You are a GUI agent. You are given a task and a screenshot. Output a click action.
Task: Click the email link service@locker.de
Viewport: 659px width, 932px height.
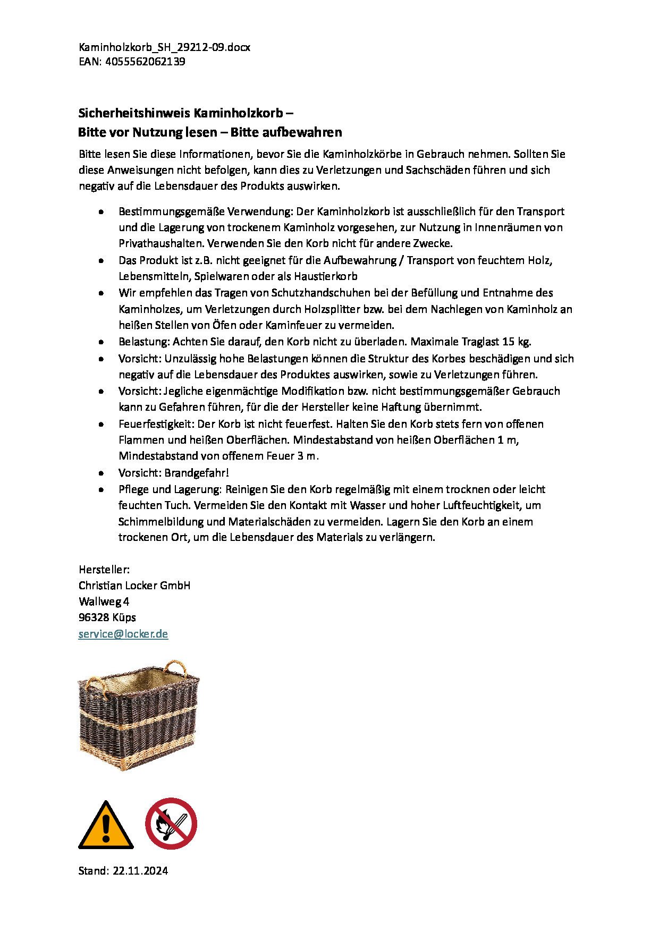pyautogui.click(x=123, y=634)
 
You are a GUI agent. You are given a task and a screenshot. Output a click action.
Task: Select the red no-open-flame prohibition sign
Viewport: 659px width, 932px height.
pyautogui.click(x=171, y=824)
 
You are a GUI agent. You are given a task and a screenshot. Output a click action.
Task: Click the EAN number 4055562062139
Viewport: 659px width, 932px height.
pyautogui.click(x=145, y=62)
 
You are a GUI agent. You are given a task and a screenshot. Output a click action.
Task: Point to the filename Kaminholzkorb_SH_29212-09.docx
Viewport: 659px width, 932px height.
pyautogui.click(x=164, y=47)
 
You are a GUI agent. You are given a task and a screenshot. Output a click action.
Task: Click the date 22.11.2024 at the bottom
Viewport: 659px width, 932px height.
pyautogui.click(x=140, y=871)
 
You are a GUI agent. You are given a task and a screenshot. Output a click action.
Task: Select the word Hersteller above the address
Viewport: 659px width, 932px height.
pyautogui.click(x=103, y=570)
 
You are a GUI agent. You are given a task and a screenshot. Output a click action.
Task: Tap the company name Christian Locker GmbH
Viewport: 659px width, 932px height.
pyautogui.click(x=134, y=586)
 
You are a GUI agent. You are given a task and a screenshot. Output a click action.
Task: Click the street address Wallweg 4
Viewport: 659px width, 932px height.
pyautogui.click(x=104, y=601)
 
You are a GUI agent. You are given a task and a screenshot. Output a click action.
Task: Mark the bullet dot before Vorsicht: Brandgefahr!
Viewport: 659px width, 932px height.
pyautogui.click(x=101, y=473)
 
